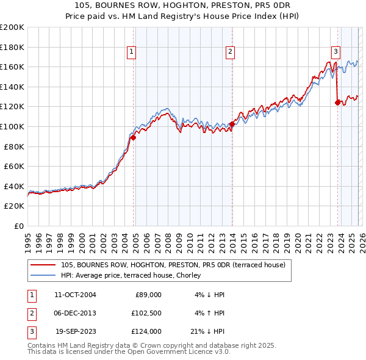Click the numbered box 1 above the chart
tap(132, 52)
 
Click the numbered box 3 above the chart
tap(335, 52)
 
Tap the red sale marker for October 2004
tap(133, 138)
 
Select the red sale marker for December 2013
tap(232, 124)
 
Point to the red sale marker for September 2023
tap(337, 103)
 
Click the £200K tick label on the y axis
tap(12, 27)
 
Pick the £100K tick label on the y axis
tap(12, 126)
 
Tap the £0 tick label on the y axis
tap(18, 226)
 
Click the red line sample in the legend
tap(42, 265)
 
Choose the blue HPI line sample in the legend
tap(42, 275)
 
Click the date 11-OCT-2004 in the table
tap(75, 295)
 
